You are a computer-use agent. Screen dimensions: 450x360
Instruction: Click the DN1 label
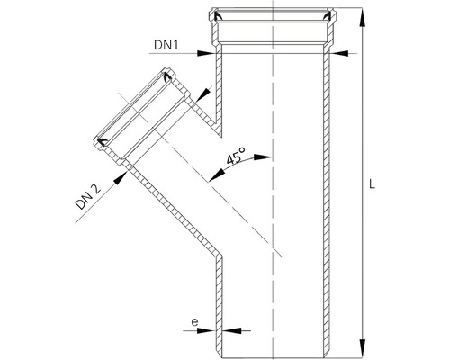click(x=166, y=45)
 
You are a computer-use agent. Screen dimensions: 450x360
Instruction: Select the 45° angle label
click(x=236, y=157)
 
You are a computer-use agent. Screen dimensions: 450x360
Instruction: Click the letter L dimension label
click(x=372, y=184)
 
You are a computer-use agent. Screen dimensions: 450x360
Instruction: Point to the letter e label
click(x=195, y=322)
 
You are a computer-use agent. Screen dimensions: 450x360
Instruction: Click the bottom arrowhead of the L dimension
click(x=363, y=348)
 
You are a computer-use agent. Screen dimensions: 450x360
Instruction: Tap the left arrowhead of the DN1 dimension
click(x=206, y=54)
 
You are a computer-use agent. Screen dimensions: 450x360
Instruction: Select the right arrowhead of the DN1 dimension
click(x=339, y=54)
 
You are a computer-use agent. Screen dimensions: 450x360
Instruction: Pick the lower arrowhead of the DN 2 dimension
click(x=120, y=177)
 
